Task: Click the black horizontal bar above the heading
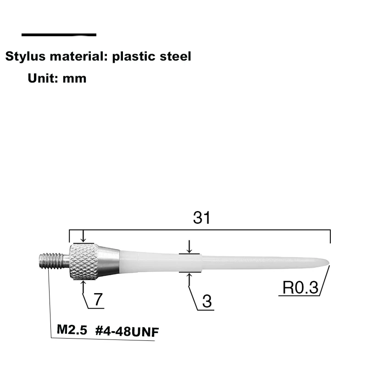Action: [59, 35]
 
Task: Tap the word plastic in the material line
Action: [133, 56]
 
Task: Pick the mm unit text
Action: [74, 78]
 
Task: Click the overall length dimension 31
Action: [201, 218]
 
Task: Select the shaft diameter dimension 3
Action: [206, 301]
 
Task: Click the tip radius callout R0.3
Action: [300, 288]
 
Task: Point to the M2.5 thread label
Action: [72, 329]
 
